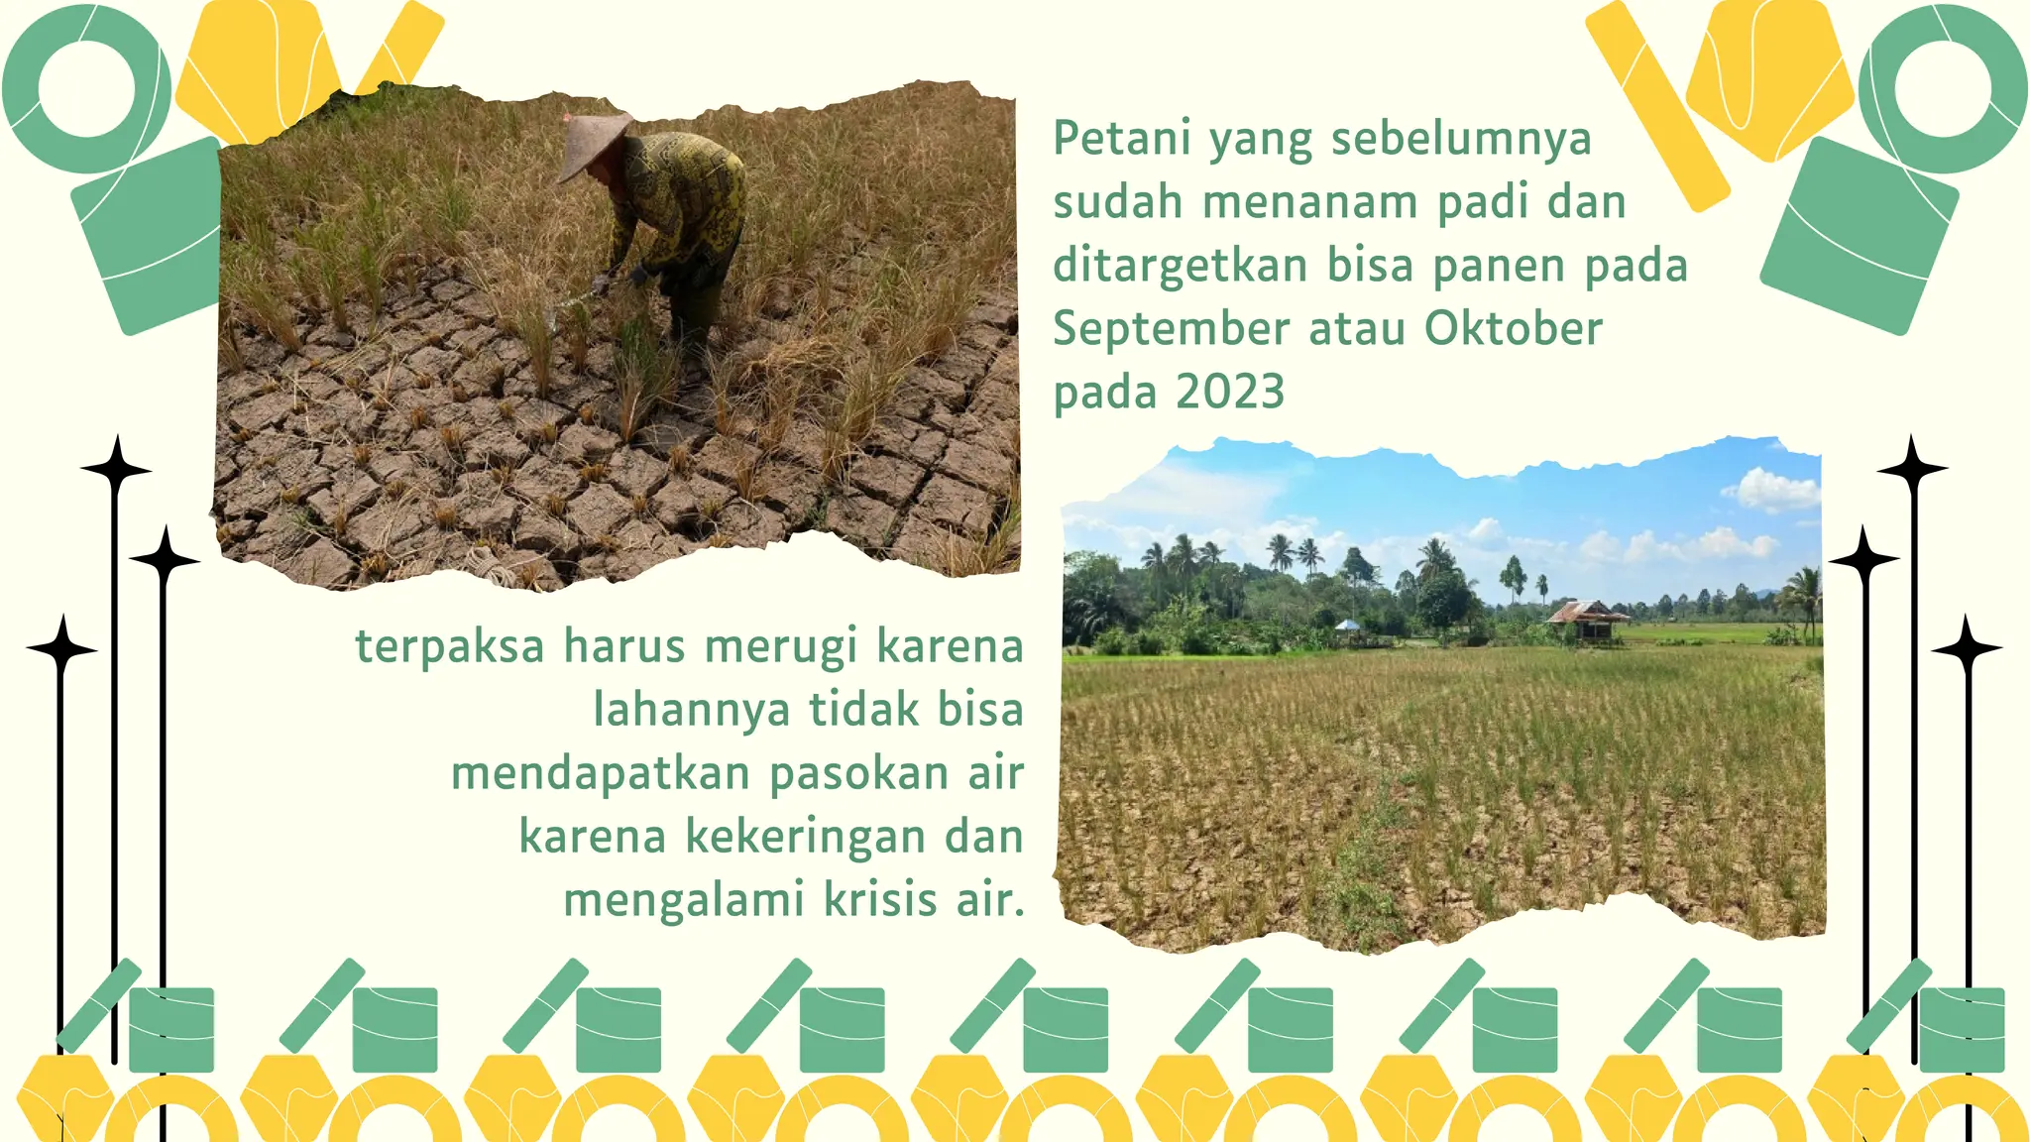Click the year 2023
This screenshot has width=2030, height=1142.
(1229, 393)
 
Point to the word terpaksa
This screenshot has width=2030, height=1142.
(449, 647)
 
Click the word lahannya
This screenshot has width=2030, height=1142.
(691, 710)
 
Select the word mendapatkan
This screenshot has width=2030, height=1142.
(600, 774)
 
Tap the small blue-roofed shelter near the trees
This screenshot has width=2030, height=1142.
(1349, 626)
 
